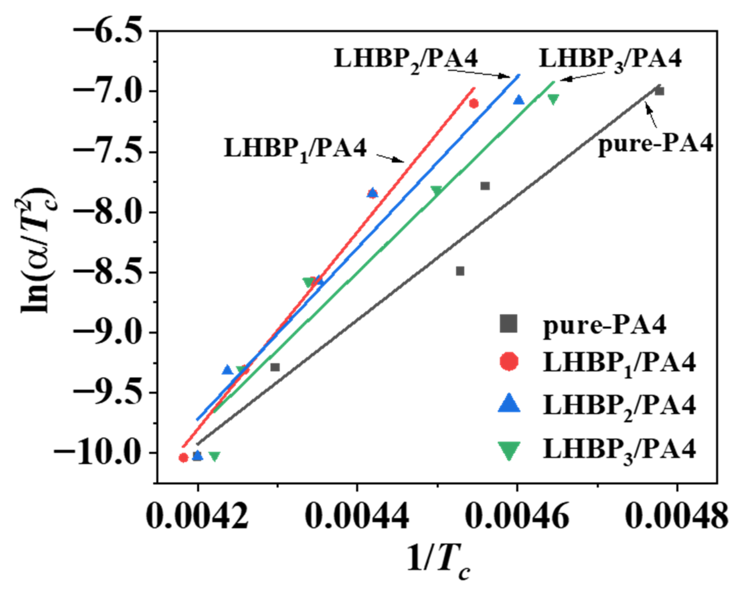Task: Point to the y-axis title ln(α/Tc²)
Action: (36, 250)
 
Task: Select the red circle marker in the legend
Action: (509, 362)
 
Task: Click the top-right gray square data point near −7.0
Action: (659, 91)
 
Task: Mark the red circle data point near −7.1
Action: (474, 103)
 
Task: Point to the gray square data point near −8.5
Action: (460, 271)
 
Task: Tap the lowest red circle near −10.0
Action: (184, 458)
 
